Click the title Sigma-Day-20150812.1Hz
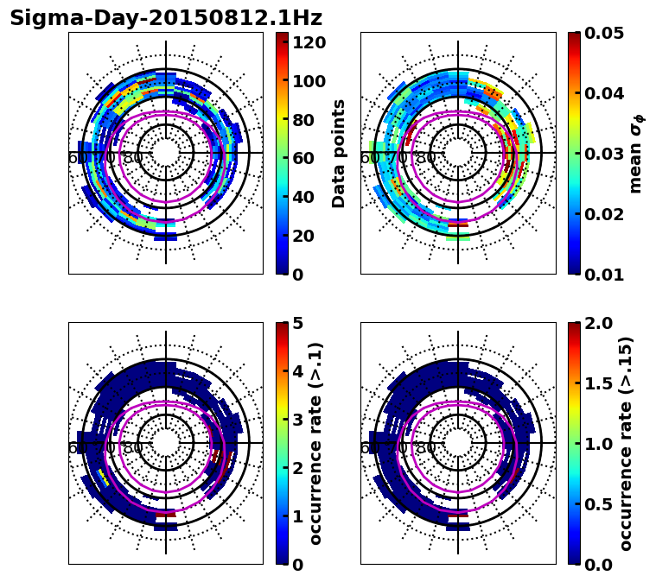165,18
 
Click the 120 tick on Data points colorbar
310,42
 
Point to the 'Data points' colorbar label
339,154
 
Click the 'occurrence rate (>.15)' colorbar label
626,444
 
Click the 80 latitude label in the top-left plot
133,158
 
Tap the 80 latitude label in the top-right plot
425,158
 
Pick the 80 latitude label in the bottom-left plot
133,448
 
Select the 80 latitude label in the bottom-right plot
425,448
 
